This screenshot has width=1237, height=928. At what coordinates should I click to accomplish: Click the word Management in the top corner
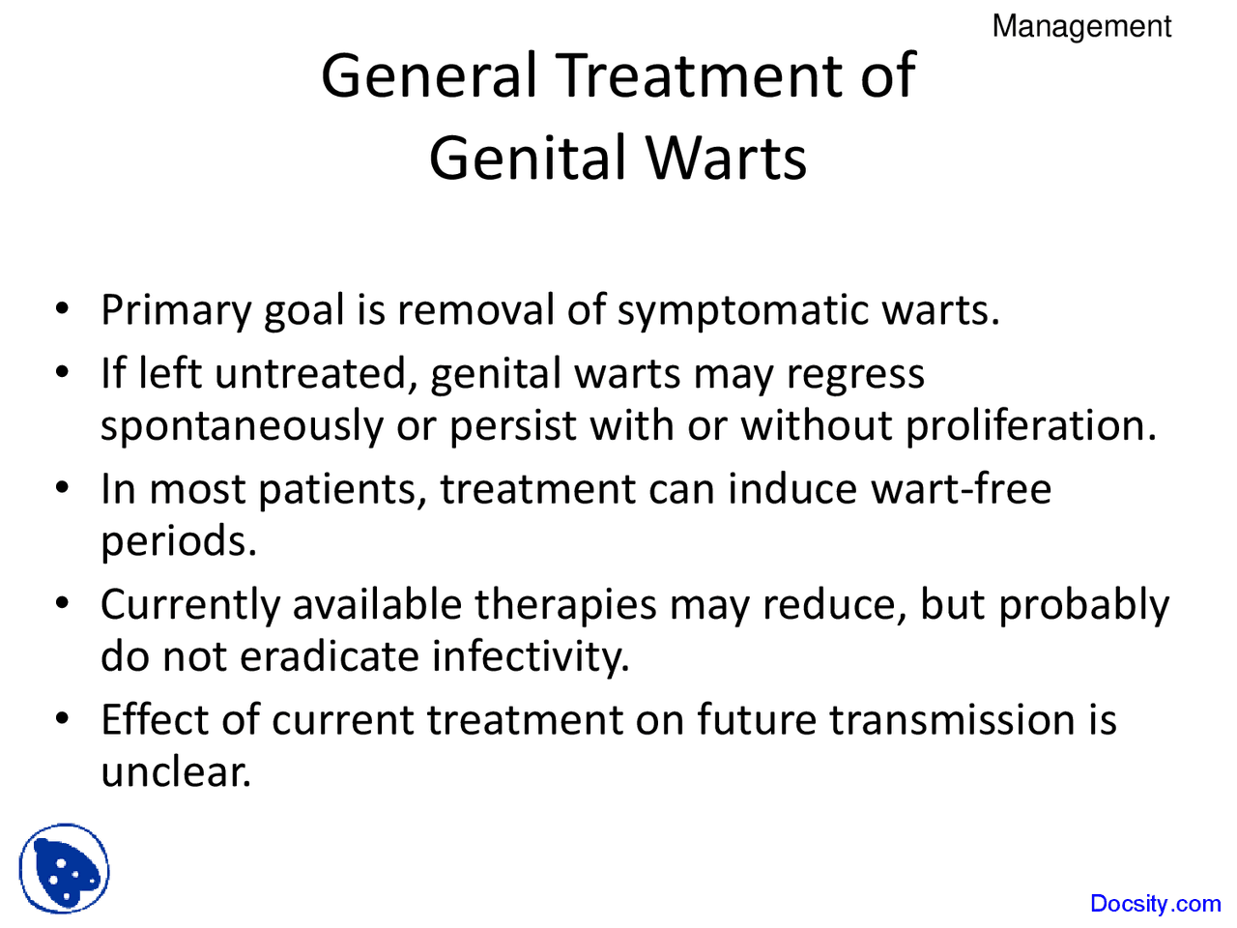coord(1081,26)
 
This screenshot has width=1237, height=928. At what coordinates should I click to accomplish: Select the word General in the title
coord(429,75)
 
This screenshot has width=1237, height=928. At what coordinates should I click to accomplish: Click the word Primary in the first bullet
coord(176,311)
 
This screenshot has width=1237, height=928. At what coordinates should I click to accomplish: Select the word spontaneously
coord(242,426)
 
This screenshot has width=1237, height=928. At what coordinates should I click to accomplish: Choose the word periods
coord(179,541)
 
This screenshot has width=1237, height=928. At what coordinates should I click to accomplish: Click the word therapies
coord(580,606)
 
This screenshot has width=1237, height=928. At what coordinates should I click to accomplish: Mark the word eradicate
coord(330,657)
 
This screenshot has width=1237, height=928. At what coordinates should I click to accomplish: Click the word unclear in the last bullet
coord(176,772)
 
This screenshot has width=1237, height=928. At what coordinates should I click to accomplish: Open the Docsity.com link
coord(1155,904)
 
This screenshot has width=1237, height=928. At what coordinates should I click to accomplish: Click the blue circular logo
coord(64,869)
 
